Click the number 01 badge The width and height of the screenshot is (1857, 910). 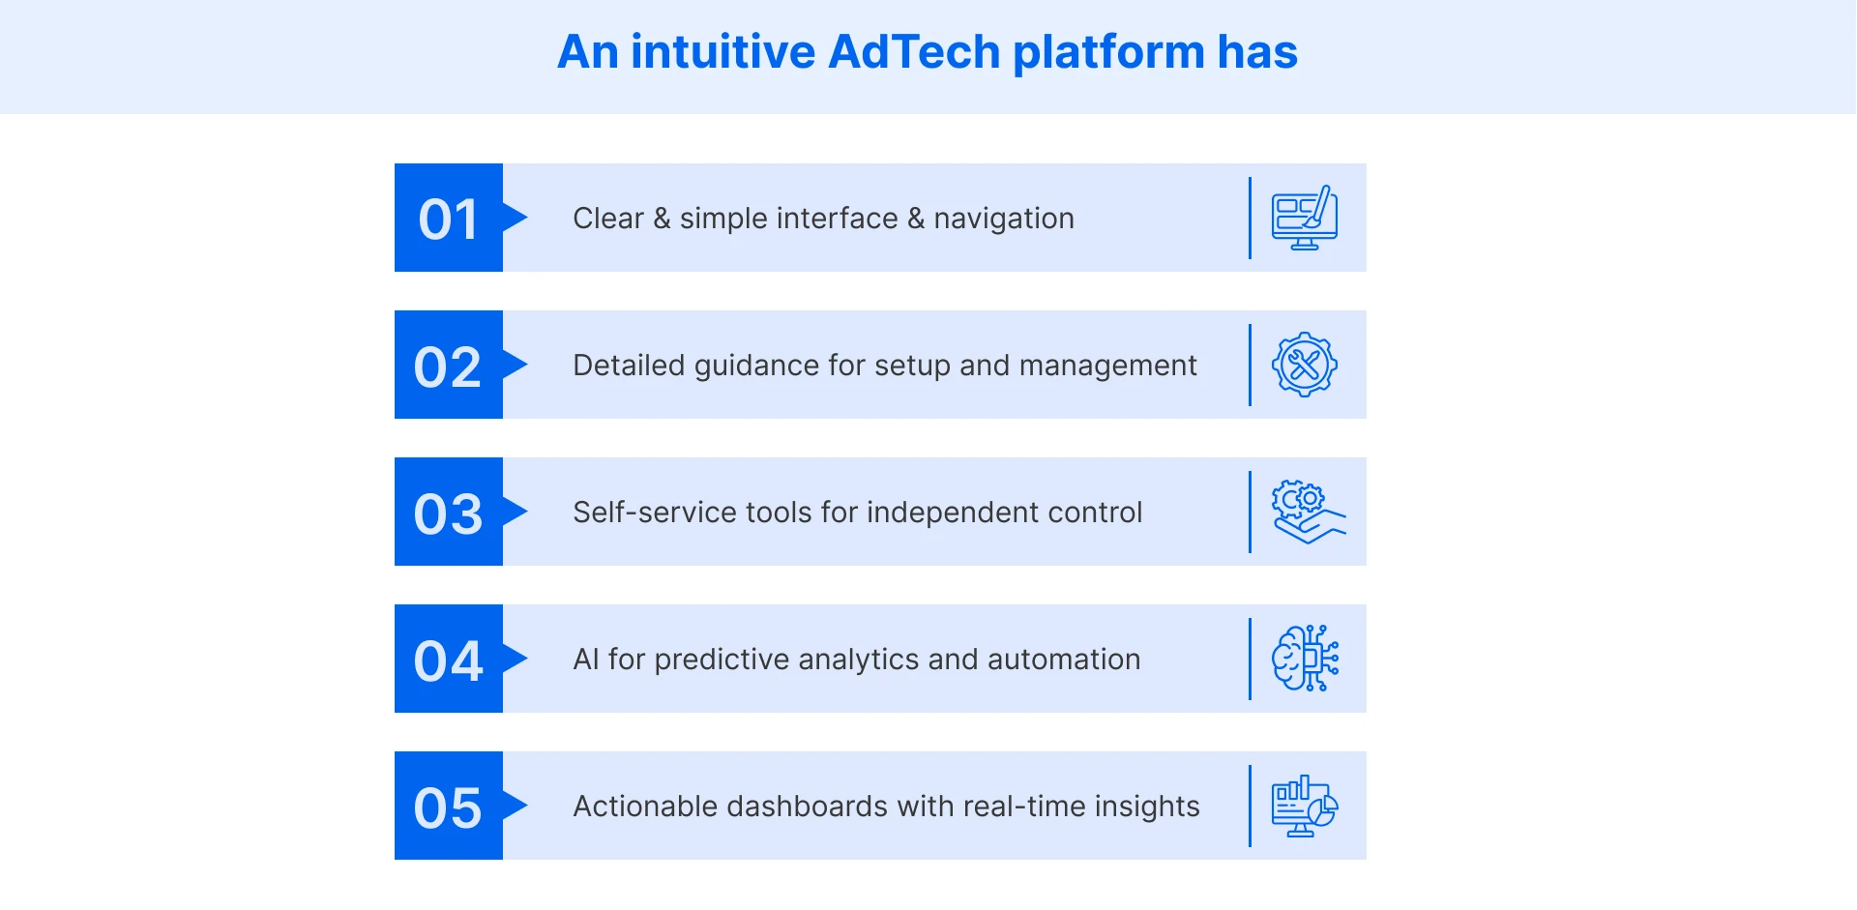point(449,219)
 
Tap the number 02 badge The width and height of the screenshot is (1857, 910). point(449,366)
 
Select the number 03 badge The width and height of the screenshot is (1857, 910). point(449,513)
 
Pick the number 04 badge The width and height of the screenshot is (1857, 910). point(449,660)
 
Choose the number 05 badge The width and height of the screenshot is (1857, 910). point(449,807)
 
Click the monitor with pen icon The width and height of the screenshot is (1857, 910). point(1305,218)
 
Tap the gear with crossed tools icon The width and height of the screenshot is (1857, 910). point(1305,365)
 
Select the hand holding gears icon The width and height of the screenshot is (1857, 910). point(1308,512)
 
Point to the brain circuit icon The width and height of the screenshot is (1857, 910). point(1305,659)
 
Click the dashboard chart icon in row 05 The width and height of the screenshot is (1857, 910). point(1305,806)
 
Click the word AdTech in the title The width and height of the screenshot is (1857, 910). point(914,52)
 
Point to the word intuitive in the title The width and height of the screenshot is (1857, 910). point(722,52)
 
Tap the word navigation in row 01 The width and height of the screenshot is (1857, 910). point(1004,220)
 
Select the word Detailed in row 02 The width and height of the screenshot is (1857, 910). point(629,366)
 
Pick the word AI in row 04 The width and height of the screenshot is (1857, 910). point(586,660)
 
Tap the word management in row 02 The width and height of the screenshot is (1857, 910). point(1107,367)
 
